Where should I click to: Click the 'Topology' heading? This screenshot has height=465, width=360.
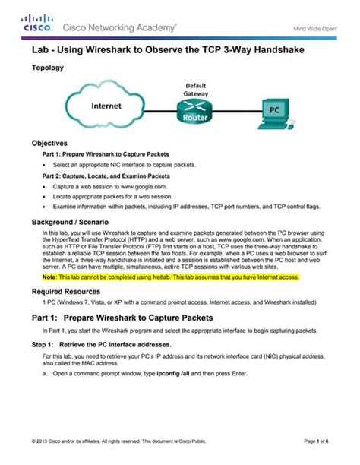pyautogui.click(x=47, y=68)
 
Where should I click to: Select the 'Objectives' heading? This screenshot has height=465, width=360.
pyautogui.click(x=49, y=143)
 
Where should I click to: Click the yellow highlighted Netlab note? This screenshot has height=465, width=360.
pyautogui.click(x=171, y=278)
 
